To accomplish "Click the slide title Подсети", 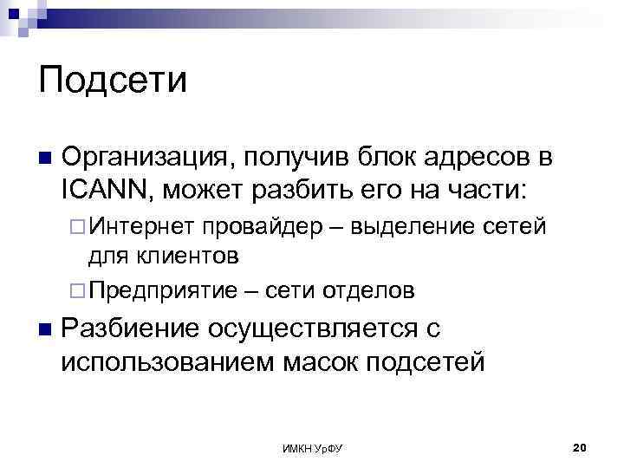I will point(113,81).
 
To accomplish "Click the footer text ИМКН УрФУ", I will point(313,447).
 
